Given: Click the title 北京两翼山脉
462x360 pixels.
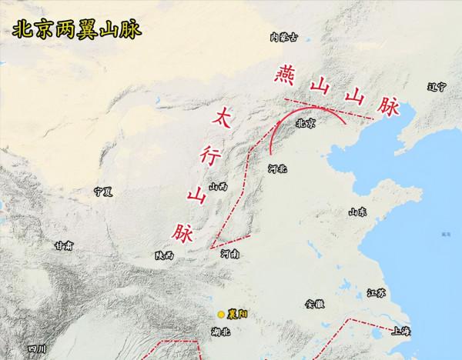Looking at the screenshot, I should [x=74, y=29].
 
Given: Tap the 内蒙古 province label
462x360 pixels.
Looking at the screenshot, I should [x=283, y=35].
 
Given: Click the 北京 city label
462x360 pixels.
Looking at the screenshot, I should [x=306, y=123].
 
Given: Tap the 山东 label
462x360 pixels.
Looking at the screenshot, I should [x=357, y=212].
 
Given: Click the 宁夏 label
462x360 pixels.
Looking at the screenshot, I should [x=103, y=188].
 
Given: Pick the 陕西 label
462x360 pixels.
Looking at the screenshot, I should [x=164, y=255].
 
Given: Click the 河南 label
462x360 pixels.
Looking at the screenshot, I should [x=230, y=253].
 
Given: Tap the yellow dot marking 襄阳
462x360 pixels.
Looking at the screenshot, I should [x=221, y=314].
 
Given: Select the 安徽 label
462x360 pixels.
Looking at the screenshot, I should [x=315, y=304].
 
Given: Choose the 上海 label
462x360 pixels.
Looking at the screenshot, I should [x=400, y=332].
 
